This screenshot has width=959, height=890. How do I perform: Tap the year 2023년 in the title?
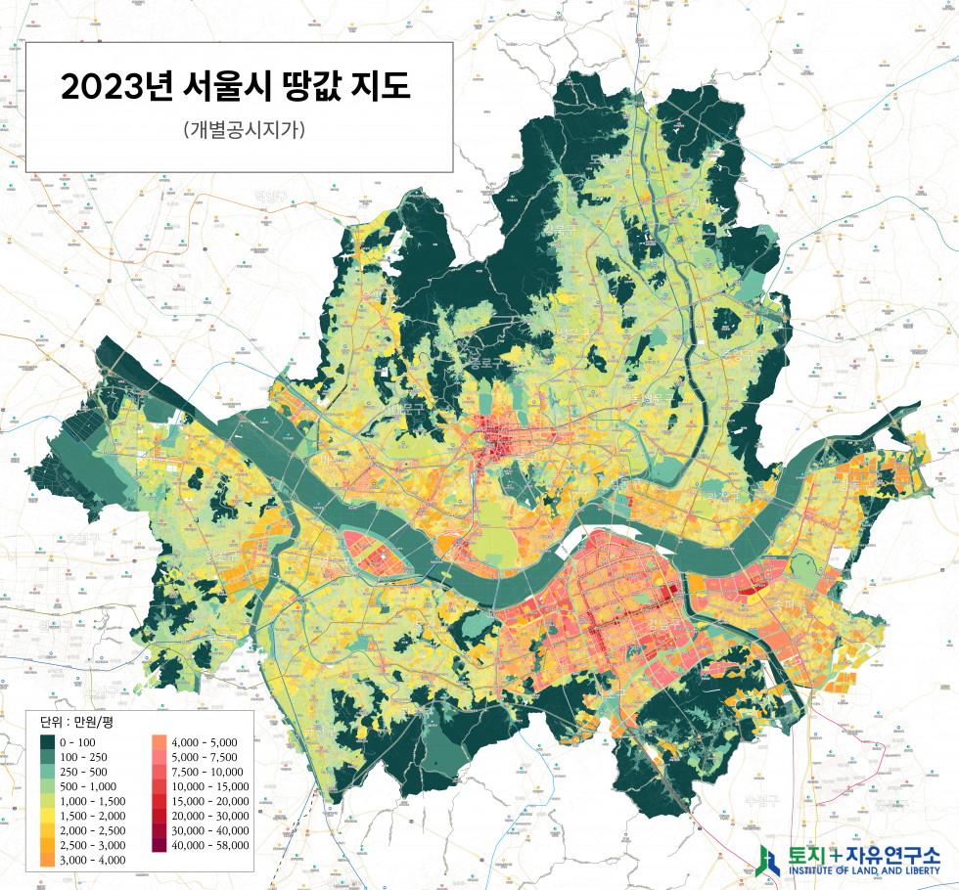point(116,87)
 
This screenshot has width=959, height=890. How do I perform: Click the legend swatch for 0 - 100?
point(48,743)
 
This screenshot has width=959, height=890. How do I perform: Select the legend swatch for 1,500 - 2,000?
point(48,816)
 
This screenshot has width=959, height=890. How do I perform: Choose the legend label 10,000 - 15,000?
point(209,786)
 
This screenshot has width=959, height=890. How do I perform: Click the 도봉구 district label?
point(607,158)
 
